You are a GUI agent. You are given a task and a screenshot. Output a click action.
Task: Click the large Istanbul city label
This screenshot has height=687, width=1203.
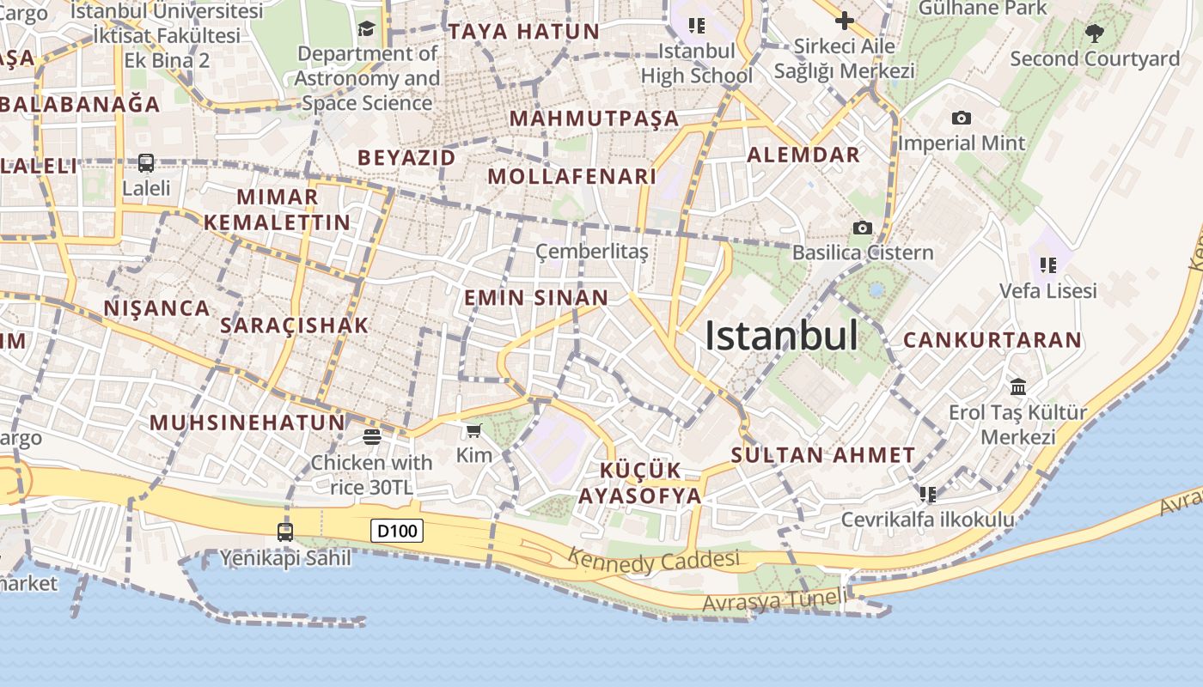[x=781, y=336]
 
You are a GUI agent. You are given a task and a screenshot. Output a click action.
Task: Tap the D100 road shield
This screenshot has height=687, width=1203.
[x=398, y=531]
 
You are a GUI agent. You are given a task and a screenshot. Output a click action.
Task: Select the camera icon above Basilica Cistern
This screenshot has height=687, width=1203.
[x=862, y=228]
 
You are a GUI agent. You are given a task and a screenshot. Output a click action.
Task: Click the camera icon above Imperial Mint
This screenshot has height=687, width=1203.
[x=962, y=118]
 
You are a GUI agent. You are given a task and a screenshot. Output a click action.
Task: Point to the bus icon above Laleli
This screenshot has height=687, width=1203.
[x=146, y=162]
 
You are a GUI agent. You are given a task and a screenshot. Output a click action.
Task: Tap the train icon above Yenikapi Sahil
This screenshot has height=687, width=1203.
[x=285, y=532]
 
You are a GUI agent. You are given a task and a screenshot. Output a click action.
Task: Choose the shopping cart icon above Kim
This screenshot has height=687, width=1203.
[x=473, y=430]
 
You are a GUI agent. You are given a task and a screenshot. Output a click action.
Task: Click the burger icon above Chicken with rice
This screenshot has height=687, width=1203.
[x=371, y=437]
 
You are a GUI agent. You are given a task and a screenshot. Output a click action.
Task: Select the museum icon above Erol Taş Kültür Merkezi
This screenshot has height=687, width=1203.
[x=1018, y=386]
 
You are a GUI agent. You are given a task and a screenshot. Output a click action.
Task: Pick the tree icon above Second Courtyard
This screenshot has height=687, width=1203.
[x=1094, y=33]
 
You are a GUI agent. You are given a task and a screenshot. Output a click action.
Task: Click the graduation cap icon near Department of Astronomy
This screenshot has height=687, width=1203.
[x=367, y=29]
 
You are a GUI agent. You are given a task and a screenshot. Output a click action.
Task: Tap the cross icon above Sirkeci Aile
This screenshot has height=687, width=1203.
[x=844, y=20]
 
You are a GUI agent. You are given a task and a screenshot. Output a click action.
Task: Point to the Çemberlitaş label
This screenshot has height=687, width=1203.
[x=591, y=252]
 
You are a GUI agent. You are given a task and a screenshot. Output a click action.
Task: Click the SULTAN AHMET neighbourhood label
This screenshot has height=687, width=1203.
[x=823, y=455]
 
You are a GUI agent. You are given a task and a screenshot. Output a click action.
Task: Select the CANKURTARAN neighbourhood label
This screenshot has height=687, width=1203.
[x=992, y=340]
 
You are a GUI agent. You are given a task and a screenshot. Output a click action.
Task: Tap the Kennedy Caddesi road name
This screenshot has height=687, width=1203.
[x=653, y=561]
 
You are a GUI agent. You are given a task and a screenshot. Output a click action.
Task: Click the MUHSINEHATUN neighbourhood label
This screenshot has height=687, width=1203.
[x=247, y=423]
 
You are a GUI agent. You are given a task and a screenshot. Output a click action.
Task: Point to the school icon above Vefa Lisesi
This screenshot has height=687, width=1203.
[x=1047, y=264]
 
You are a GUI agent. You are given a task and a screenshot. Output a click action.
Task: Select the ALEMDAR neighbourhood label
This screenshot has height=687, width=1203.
[x=803, y=155]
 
